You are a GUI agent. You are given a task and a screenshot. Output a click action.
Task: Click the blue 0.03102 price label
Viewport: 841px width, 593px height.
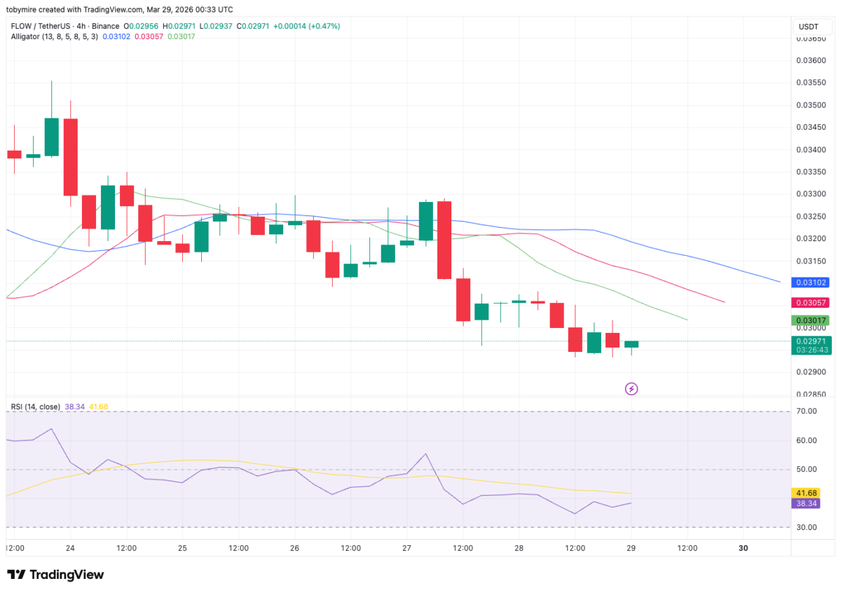[x=810, y=282]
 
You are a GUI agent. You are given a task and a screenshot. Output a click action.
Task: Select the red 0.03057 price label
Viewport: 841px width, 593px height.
[x=810, y=303]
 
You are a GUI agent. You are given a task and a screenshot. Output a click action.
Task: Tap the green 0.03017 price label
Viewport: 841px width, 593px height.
[x=810, y=320]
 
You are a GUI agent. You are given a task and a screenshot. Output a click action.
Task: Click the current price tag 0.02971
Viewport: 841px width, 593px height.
[x=810, y=341]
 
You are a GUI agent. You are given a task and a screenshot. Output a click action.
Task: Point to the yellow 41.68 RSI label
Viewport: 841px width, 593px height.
[x=804, y=493]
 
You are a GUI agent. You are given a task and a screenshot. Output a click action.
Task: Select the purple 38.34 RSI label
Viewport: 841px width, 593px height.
[x=804, y=503]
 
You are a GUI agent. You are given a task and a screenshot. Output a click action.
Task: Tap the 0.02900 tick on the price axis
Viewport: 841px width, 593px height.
[x=811, y=372]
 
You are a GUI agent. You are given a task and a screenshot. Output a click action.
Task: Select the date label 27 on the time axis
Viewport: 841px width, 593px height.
[x=406, y=548]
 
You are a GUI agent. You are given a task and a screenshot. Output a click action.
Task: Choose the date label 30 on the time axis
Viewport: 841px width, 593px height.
[x=744, y=548]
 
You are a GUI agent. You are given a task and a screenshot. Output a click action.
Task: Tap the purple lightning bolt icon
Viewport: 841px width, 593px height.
[x=631, y=388]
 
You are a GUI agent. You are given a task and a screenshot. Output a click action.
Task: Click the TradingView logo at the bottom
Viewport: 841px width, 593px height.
[x=56, y=575]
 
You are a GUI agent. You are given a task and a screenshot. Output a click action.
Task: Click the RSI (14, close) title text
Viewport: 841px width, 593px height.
[x=35, y=407]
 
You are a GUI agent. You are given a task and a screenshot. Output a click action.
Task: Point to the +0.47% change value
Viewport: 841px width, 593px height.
[x=327, y=26]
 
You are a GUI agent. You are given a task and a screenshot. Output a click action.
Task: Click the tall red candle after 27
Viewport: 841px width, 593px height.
[x=444, y=240]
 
